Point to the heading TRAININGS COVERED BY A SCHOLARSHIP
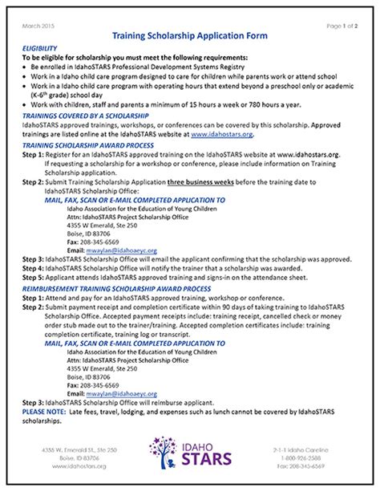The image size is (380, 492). click(83, 115)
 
